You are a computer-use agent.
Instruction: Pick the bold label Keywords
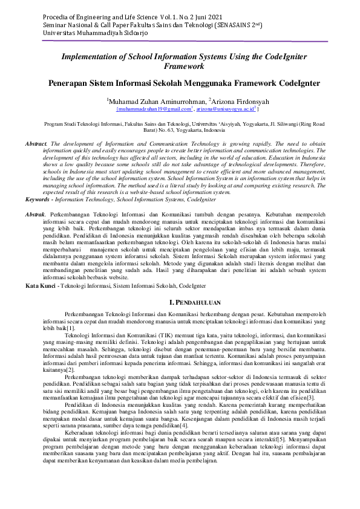click(38, 198)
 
